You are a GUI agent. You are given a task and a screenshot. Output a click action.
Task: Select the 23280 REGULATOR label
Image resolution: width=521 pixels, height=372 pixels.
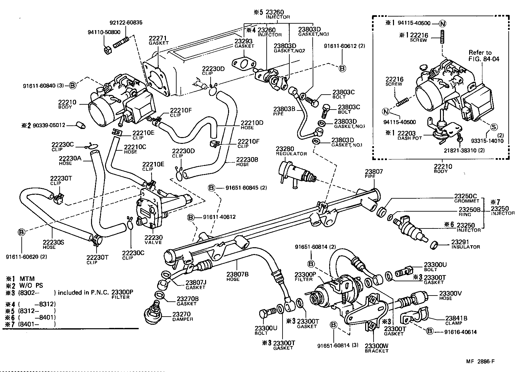point(291,151)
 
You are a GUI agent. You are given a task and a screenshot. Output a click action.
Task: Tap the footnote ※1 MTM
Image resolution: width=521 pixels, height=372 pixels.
point(20,279)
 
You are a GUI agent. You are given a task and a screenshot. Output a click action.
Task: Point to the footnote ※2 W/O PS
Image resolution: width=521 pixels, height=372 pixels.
point(24,285)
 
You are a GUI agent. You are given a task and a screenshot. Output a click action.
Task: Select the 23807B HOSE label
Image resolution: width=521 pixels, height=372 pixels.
point(237,276)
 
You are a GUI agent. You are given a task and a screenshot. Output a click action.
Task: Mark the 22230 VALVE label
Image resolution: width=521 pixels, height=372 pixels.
point(153,239)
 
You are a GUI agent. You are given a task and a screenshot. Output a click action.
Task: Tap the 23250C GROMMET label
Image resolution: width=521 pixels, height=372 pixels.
point(465,198)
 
